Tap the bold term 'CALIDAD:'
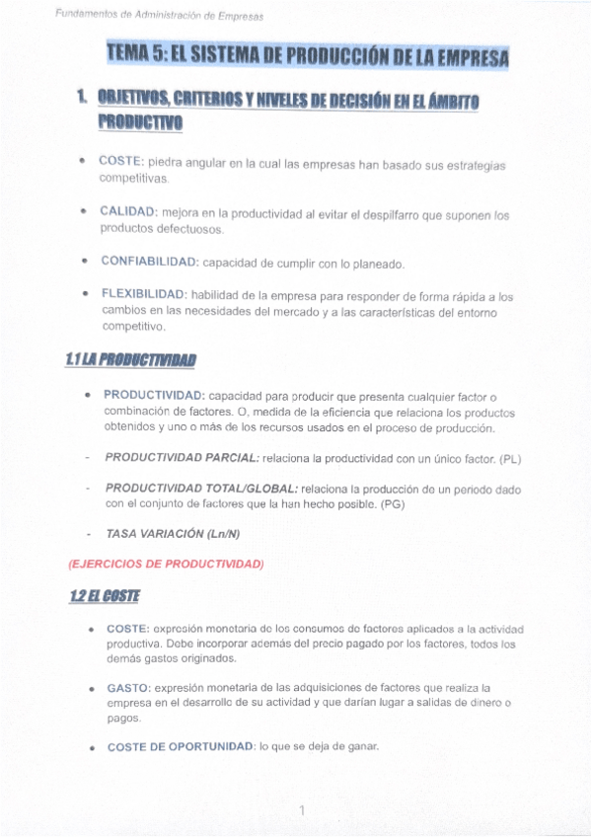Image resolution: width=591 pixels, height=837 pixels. click(x=128, y=212)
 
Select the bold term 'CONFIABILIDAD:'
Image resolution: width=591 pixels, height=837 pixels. click(x=150, y=264)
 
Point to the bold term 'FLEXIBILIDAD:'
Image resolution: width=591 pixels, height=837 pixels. click(x=143, y=294)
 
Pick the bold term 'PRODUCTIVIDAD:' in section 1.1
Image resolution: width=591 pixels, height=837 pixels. click(x=155, y=395)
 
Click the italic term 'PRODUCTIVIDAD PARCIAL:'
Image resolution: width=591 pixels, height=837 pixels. click(x=183, y=458)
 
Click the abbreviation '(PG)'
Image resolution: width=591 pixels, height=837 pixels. click(x=392, y=504)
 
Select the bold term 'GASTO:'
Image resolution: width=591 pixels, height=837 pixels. click(x=128, y=686)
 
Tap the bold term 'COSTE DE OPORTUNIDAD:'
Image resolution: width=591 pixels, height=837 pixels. click(x=181, y=747)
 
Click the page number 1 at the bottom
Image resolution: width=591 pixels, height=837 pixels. click(x=302, y=810)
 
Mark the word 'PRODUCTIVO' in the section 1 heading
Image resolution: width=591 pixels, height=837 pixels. click(x=140, y=122)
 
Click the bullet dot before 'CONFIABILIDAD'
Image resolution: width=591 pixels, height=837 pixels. click(x=86, y=264)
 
